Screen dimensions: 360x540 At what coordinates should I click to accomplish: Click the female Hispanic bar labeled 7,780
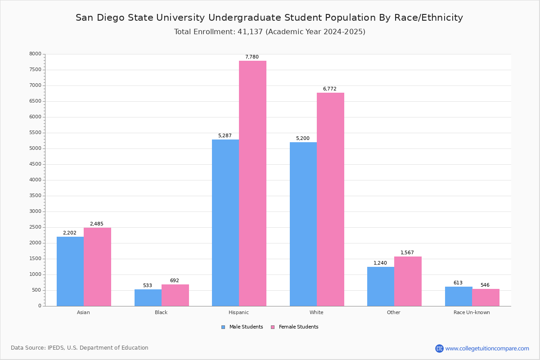point(252,183)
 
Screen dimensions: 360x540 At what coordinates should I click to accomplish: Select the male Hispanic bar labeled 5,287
point(225,223)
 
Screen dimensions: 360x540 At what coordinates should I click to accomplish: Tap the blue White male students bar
point(303,224)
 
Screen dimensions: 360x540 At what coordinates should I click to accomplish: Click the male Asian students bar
point(70,271)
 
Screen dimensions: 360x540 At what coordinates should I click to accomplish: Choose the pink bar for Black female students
point(175,295)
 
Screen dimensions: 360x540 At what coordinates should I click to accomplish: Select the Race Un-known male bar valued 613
point(459,296)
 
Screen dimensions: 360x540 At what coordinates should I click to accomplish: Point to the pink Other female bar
point(408,281)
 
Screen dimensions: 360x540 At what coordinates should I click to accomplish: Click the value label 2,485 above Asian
point(97,224)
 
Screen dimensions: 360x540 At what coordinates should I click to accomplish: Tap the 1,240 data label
point(380,263)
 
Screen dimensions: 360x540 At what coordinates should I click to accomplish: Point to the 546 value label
point(485,285)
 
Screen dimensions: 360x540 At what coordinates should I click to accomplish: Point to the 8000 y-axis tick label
point(35,54)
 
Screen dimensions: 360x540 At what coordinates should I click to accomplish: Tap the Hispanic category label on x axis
point(238,312)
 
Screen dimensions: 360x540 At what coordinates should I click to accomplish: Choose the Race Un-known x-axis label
point(472,312)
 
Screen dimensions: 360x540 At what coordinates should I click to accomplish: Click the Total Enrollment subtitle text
point(270,32)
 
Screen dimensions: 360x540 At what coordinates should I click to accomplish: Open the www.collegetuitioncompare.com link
point(486,348)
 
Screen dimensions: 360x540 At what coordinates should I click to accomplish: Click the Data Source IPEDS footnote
point(80,348)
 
